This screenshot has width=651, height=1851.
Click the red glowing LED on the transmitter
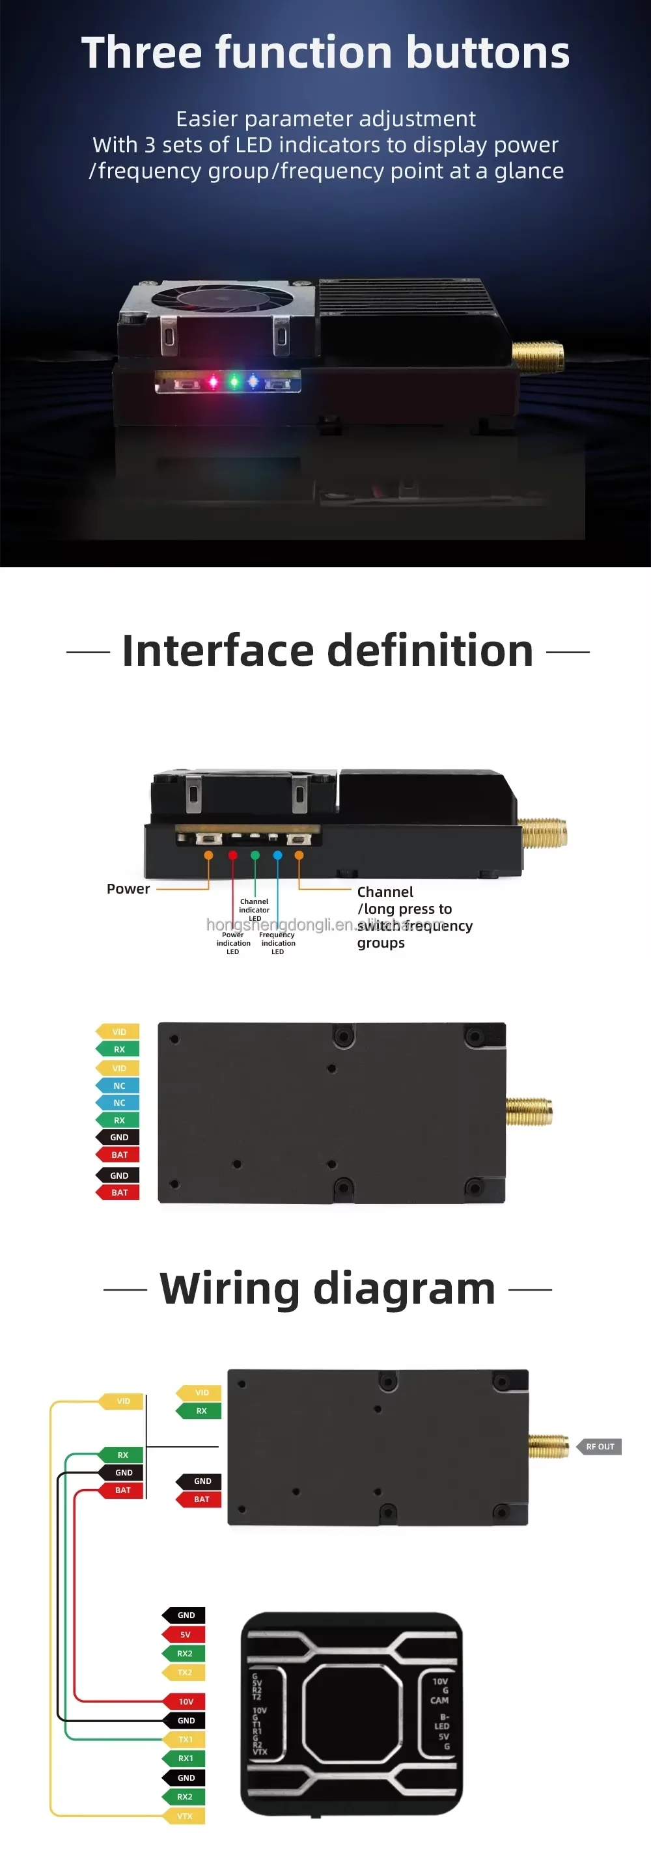click(214, 381)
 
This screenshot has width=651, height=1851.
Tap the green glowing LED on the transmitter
click(234, 381)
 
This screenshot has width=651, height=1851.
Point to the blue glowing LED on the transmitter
click(253, 381)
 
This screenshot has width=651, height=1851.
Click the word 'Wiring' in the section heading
click(229, 1289)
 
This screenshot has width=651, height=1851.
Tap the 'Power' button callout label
click(128, 889)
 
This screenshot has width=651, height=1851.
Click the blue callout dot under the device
click(278, 855)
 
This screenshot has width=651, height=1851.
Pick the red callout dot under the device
click(233, 855)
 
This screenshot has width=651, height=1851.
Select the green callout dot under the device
click(255, 855)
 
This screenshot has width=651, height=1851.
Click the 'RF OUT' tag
click(600, 1446)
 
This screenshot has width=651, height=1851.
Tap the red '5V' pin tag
click(186, 1634)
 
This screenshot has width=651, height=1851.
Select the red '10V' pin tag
click(186, 1701)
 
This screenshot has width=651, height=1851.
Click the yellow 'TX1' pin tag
click(186, 1740)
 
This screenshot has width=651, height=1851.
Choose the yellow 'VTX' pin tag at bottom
click(186, 1816)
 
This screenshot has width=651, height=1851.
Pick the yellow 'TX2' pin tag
click(186, 1672)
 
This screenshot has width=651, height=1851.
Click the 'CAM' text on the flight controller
click(439, 1700)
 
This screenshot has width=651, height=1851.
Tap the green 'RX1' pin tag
click(186, 1759)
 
